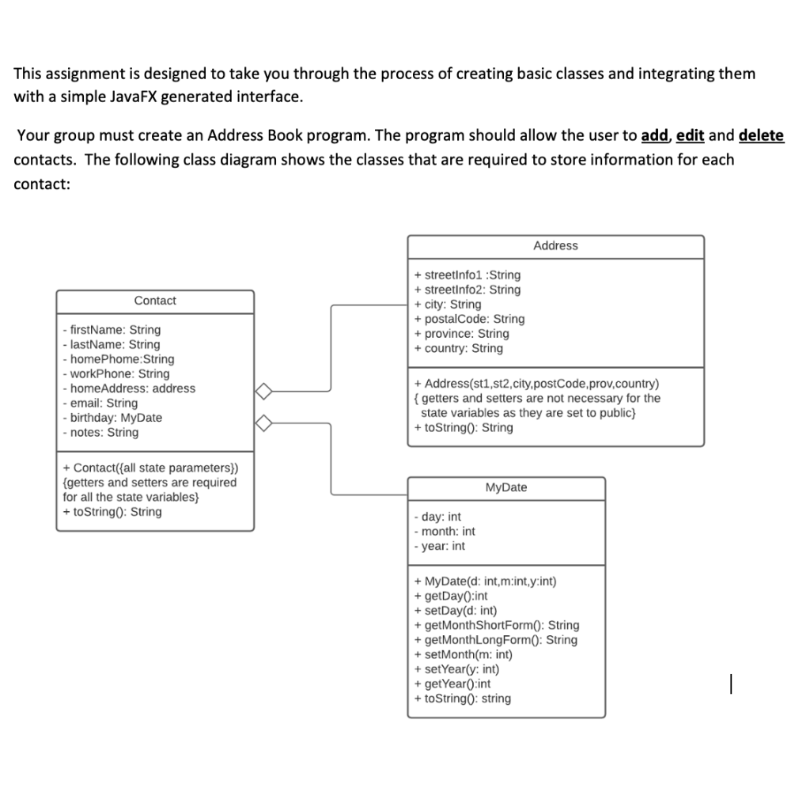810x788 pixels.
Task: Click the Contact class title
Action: (155, 301)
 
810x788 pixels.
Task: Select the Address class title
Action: (555, 246)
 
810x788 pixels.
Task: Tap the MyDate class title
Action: (505, 487)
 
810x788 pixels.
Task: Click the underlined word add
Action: (653, 134)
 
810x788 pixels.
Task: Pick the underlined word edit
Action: (691, 134)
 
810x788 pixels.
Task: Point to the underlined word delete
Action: (761, 134)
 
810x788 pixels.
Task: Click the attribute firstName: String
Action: (111, 330)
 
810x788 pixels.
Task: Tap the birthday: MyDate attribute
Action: (112, 418)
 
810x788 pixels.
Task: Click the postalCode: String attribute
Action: (469, 319)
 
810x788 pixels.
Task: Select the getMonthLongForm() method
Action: (495, 639)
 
